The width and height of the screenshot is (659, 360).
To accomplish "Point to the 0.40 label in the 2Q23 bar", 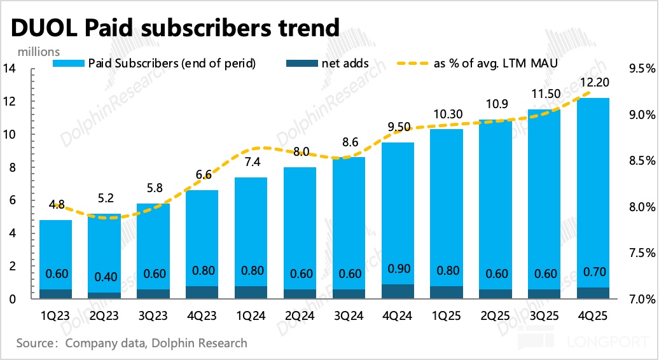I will (104, 277).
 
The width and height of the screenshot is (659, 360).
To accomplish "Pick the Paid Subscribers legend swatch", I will (68, 64).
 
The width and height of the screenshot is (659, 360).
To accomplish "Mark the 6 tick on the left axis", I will (11, 200).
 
